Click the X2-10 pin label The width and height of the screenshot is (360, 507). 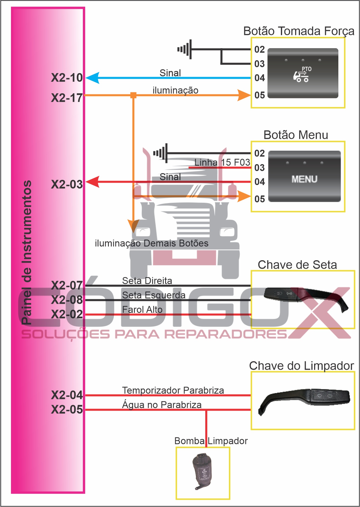coord(67,78)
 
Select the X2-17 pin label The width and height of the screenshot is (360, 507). coord(67,98)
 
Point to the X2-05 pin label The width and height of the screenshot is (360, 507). coord(67,410)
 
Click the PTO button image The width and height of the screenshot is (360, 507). coord(303,73)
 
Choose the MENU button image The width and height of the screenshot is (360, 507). coord(304,176)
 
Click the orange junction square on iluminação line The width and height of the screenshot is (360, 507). coord(133,95)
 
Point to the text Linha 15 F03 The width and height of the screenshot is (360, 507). coord(222,162)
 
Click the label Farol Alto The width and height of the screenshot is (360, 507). coord(142,310)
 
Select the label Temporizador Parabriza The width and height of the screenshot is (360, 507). coord(173,390)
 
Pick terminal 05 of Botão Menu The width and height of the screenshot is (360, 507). coord(260,199)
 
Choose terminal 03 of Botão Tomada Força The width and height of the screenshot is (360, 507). coord(260,63)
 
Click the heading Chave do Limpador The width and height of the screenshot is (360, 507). coord(301,366)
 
